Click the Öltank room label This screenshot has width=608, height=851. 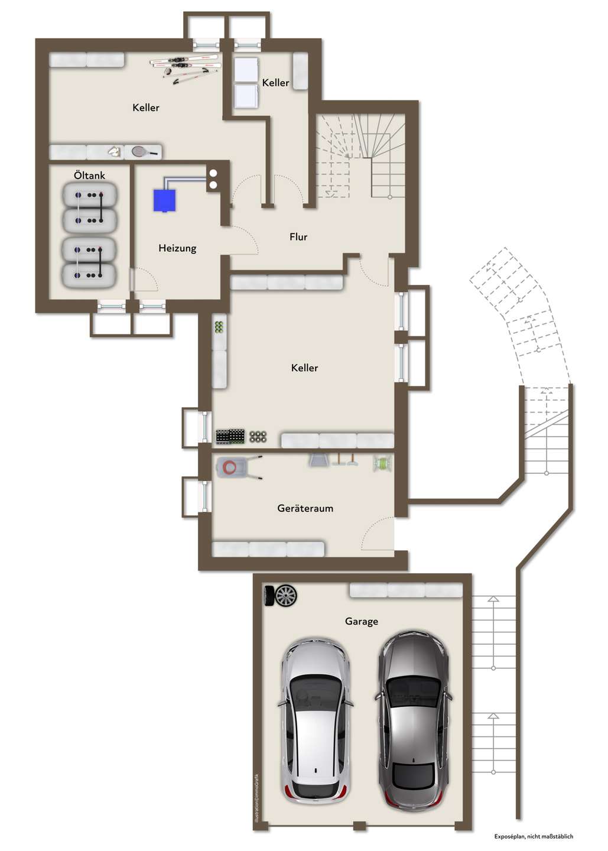coord(89,176)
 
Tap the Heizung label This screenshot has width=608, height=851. coord(177,248)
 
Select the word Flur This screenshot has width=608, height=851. coord(298,237)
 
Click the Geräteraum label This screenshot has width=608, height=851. coord(305,508)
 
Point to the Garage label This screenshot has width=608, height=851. coord(362,622)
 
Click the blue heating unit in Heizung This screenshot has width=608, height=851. coord(165,200)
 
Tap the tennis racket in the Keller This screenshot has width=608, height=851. coord(144,152)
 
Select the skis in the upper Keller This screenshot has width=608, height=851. coord(184,67)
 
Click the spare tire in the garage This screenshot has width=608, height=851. coord(281,595)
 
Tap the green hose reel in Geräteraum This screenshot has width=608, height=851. coord(382,463)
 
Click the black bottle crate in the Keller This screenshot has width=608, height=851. coord(230,436)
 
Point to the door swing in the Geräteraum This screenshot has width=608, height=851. coord(377,534)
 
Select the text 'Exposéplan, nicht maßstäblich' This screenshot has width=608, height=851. coord(534,836)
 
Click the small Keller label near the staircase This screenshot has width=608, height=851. coord(275,83)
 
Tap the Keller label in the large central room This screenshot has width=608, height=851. coord(304,368)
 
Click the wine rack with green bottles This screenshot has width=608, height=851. coord(219,327)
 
